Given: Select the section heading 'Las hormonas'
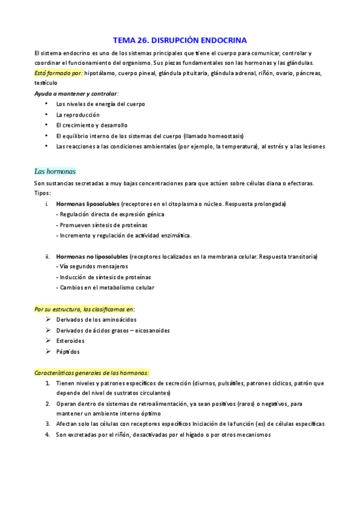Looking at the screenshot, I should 55,171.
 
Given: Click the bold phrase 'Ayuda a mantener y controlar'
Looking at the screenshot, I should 76,94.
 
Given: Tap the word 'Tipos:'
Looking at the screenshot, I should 43,193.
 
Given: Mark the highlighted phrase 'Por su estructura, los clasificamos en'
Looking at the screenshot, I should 84,309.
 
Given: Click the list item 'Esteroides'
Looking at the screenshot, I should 71,340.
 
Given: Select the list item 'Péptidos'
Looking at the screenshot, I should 68,351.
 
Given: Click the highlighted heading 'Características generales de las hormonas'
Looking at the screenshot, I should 91,373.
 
